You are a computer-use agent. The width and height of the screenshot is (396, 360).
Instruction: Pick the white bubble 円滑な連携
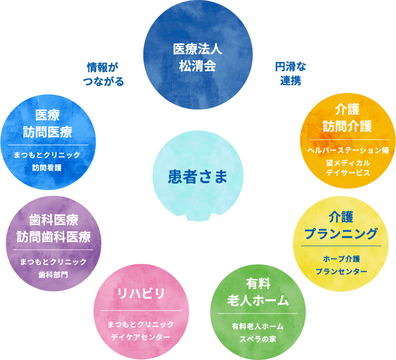click(290, 73)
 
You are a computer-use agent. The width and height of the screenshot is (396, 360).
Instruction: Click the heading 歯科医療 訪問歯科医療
click(53, 228)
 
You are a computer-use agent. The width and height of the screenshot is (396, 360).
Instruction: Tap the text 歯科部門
click(53, 275)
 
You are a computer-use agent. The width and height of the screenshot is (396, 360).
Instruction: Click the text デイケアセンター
click(141, 337)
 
